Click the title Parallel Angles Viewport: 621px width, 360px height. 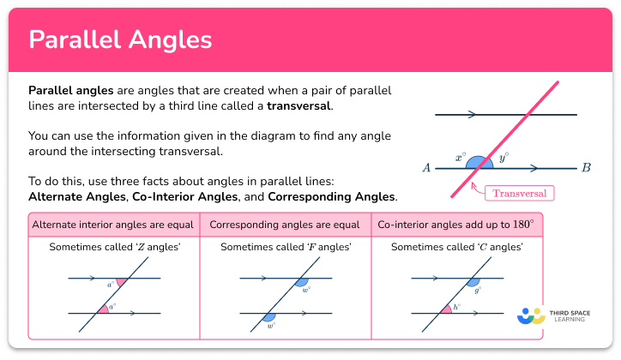tap(120, 40)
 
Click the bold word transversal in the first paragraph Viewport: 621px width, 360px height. tap(298, 106)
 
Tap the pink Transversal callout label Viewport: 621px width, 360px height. tap(519, 193)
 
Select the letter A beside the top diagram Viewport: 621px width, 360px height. tap(426, 168)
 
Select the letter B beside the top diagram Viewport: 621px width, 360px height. tap(586, 168)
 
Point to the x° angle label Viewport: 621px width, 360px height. tap(461, 159)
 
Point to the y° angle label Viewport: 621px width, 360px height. tap(503, 158)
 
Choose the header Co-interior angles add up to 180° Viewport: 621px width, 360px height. tap(455, 225)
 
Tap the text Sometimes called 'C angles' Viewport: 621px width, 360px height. tap(456, 247)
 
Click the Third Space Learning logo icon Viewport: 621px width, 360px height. tap(531, 315)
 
